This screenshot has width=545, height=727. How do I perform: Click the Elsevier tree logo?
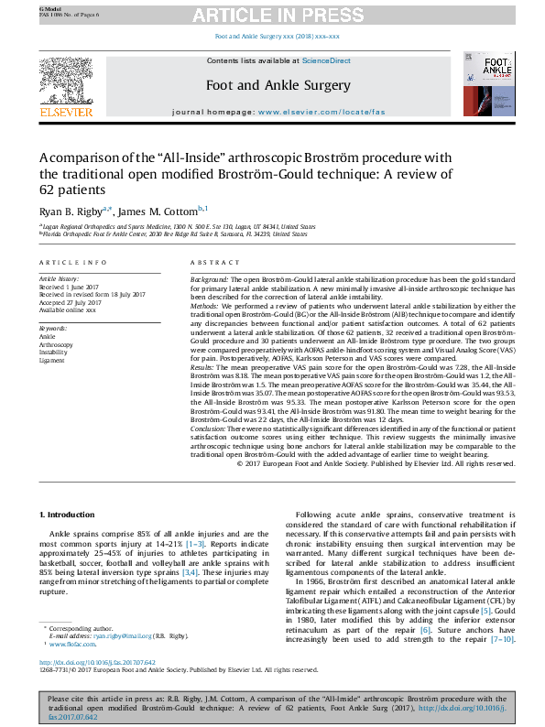pos(66,83)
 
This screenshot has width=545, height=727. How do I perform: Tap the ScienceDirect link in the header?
pos(327,60)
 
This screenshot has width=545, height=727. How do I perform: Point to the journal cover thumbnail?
pos(486,85)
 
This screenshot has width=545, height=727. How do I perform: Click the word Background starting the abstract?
pos(209,277)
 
